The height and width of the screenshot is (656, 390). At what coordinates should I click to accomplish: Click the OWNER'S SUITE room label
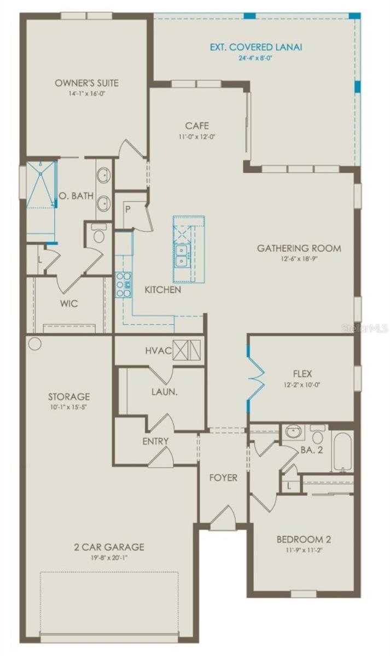86,83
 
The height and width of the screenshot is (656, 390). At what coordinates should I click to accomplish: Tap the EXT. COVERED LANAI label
256,47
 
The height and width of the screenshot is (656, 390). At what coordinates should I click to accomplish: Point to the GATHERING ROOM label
299,248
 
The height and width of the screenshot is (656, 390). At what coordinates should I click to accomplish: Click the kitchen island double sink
181,255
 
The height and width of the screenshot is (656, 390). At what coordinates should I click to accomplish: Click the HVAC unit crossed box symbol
187,350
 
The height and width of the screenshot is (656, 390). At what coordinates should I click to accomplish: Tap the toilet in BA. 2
318,435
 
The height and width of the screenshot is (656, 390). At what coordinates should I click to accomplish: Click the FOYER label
223,478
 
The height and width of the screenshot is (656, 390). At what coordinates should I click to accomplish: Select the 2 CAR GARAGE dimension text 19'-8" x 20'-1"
109,558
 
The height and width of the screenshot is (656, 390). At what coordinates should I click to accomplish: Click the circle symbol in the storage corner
34,344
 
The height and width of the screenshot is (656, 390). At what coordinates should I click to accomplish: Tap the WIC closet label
69,303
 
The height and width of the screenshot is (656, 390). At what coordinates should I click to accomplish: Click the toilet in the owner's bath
99,235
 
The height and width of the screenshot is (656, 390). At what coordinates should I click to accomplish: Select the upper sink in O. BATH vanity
103,176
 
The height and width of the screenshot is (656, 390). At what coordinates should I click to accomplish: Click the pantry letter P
126,209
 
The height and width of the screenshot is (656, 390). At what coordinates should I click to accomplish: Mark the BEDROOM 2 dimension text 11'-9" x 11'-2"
304,550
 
